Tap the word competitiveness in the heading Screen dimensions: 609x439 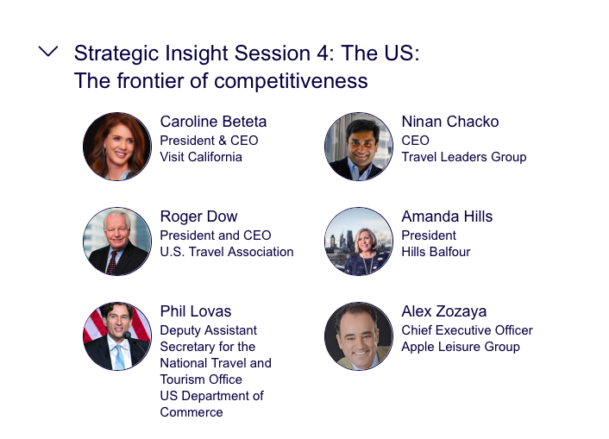click(291, 81)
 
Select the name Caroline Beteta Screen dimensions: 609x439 click(213, 122)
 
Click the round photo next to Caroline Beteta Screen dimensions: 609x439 click(117, 147)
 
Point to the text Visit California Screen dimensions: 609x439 click(201, 157)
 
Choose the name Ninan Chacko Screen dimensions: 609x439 click(450, 122)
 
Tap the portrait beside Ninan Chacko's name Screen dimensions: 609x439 click(359, 147)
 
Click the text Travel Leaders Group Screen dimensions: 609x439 click(464, 157)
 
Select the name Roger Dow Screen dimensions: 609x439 click(199, 216)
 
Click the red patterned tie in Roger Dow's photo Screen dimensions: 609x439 click(112, 262)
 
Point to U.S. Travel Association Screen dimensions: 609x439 click(227, 252)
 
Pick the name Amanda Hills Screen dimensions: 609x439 click(447, 216)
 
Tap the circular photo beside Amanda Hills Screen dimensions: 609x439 click(359, 241)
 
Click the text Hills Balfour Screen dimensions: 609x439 click(436, 252)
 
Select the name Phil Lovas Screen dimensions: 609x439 click(196, 311)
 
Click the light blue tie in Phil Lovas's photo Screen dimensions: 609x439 click(120, 357)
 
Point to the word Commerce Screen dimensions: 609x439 click(191, 412)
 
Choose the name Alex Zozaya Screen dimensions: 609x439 click(444, 311)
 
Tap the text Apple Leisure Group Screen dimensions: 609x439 click(461, 347)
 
